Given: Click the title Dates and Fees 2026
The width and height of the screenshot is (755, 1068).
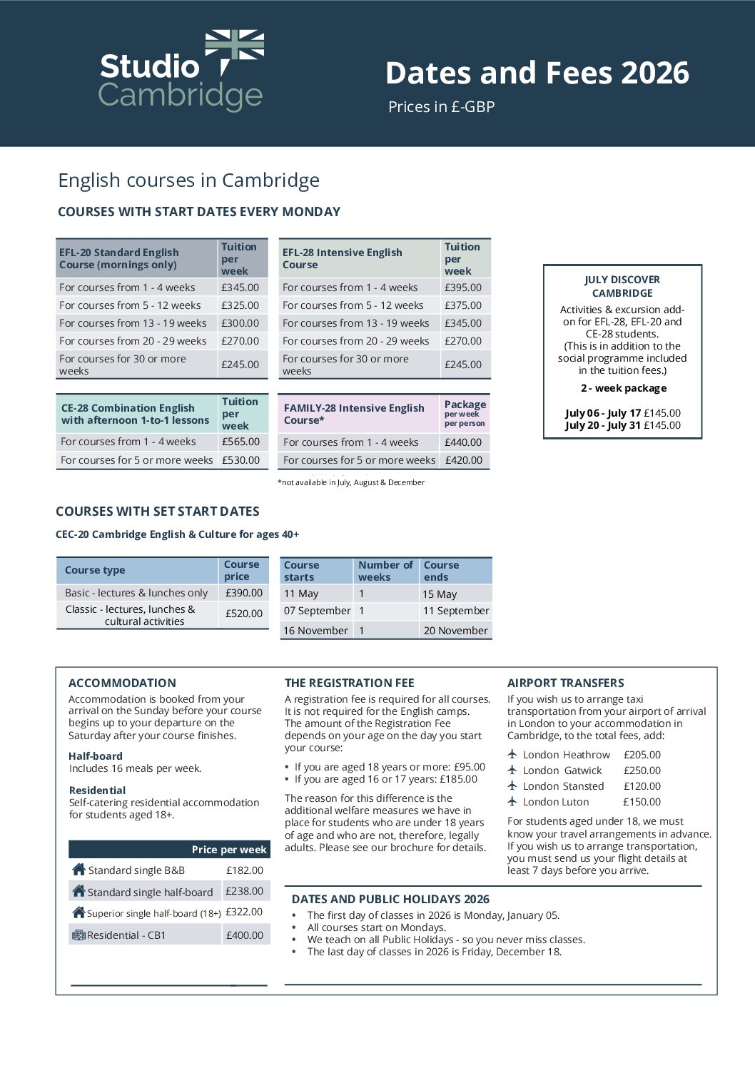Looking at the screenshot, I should [537, 73].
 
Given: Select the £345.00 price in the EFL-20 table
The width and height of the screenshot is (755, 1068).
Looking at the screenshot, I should [240, 288].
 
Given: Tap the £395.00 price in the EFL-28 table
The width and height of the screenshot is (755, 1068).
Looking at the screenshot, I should [463, 288].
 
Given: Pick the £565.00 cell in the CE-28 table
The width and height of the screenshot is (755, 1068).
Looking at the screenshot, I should [240, 442].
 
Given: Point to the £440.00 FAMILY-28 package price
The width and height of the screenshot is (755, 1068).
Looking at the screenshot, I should [463, 442].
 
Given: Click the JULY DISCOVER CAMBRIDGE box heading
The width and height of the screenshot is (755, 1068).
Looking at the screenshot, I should [622, 286].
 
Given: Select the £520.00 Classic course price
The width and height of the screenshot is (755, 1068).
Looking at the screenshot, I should [244, 614].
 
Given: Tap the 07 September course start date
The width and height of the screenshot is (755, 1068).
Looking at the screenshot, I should [317, 611].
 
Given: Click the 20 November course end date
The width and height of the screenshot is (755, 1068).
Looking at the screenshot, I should [455, 631].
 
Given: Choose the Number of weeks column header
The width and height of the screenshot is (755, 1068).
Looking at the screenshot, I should [385, 571].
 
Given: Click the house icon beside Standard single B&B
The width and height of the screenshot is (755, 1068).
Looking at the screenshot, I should [78, 869].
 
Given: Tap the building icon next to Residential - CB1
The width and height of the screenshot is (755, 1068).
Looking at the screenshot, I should [78, 935].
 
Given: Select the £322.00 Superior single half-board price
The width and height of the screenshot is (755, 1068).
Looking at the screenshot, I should [244, 912].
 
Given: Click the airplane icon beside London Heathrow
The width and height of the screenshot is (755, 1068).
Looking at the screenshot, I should [512, 754].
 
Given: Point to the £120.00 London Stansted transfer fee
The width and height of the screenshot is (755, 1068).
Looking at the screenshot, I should [642, 786].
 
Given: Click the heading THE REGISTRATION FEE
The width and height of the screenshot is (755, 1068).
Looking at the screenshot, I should [349, 683].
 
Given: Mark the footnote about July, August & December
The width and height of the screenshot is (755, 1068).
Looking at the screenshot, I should [351, 482].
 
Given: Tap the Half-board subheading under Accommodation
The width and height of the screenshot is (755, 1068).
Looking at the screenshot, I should [96, 756].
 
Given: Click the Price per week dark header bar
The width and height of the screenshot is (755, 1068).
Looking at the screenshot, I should [169, 849].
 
